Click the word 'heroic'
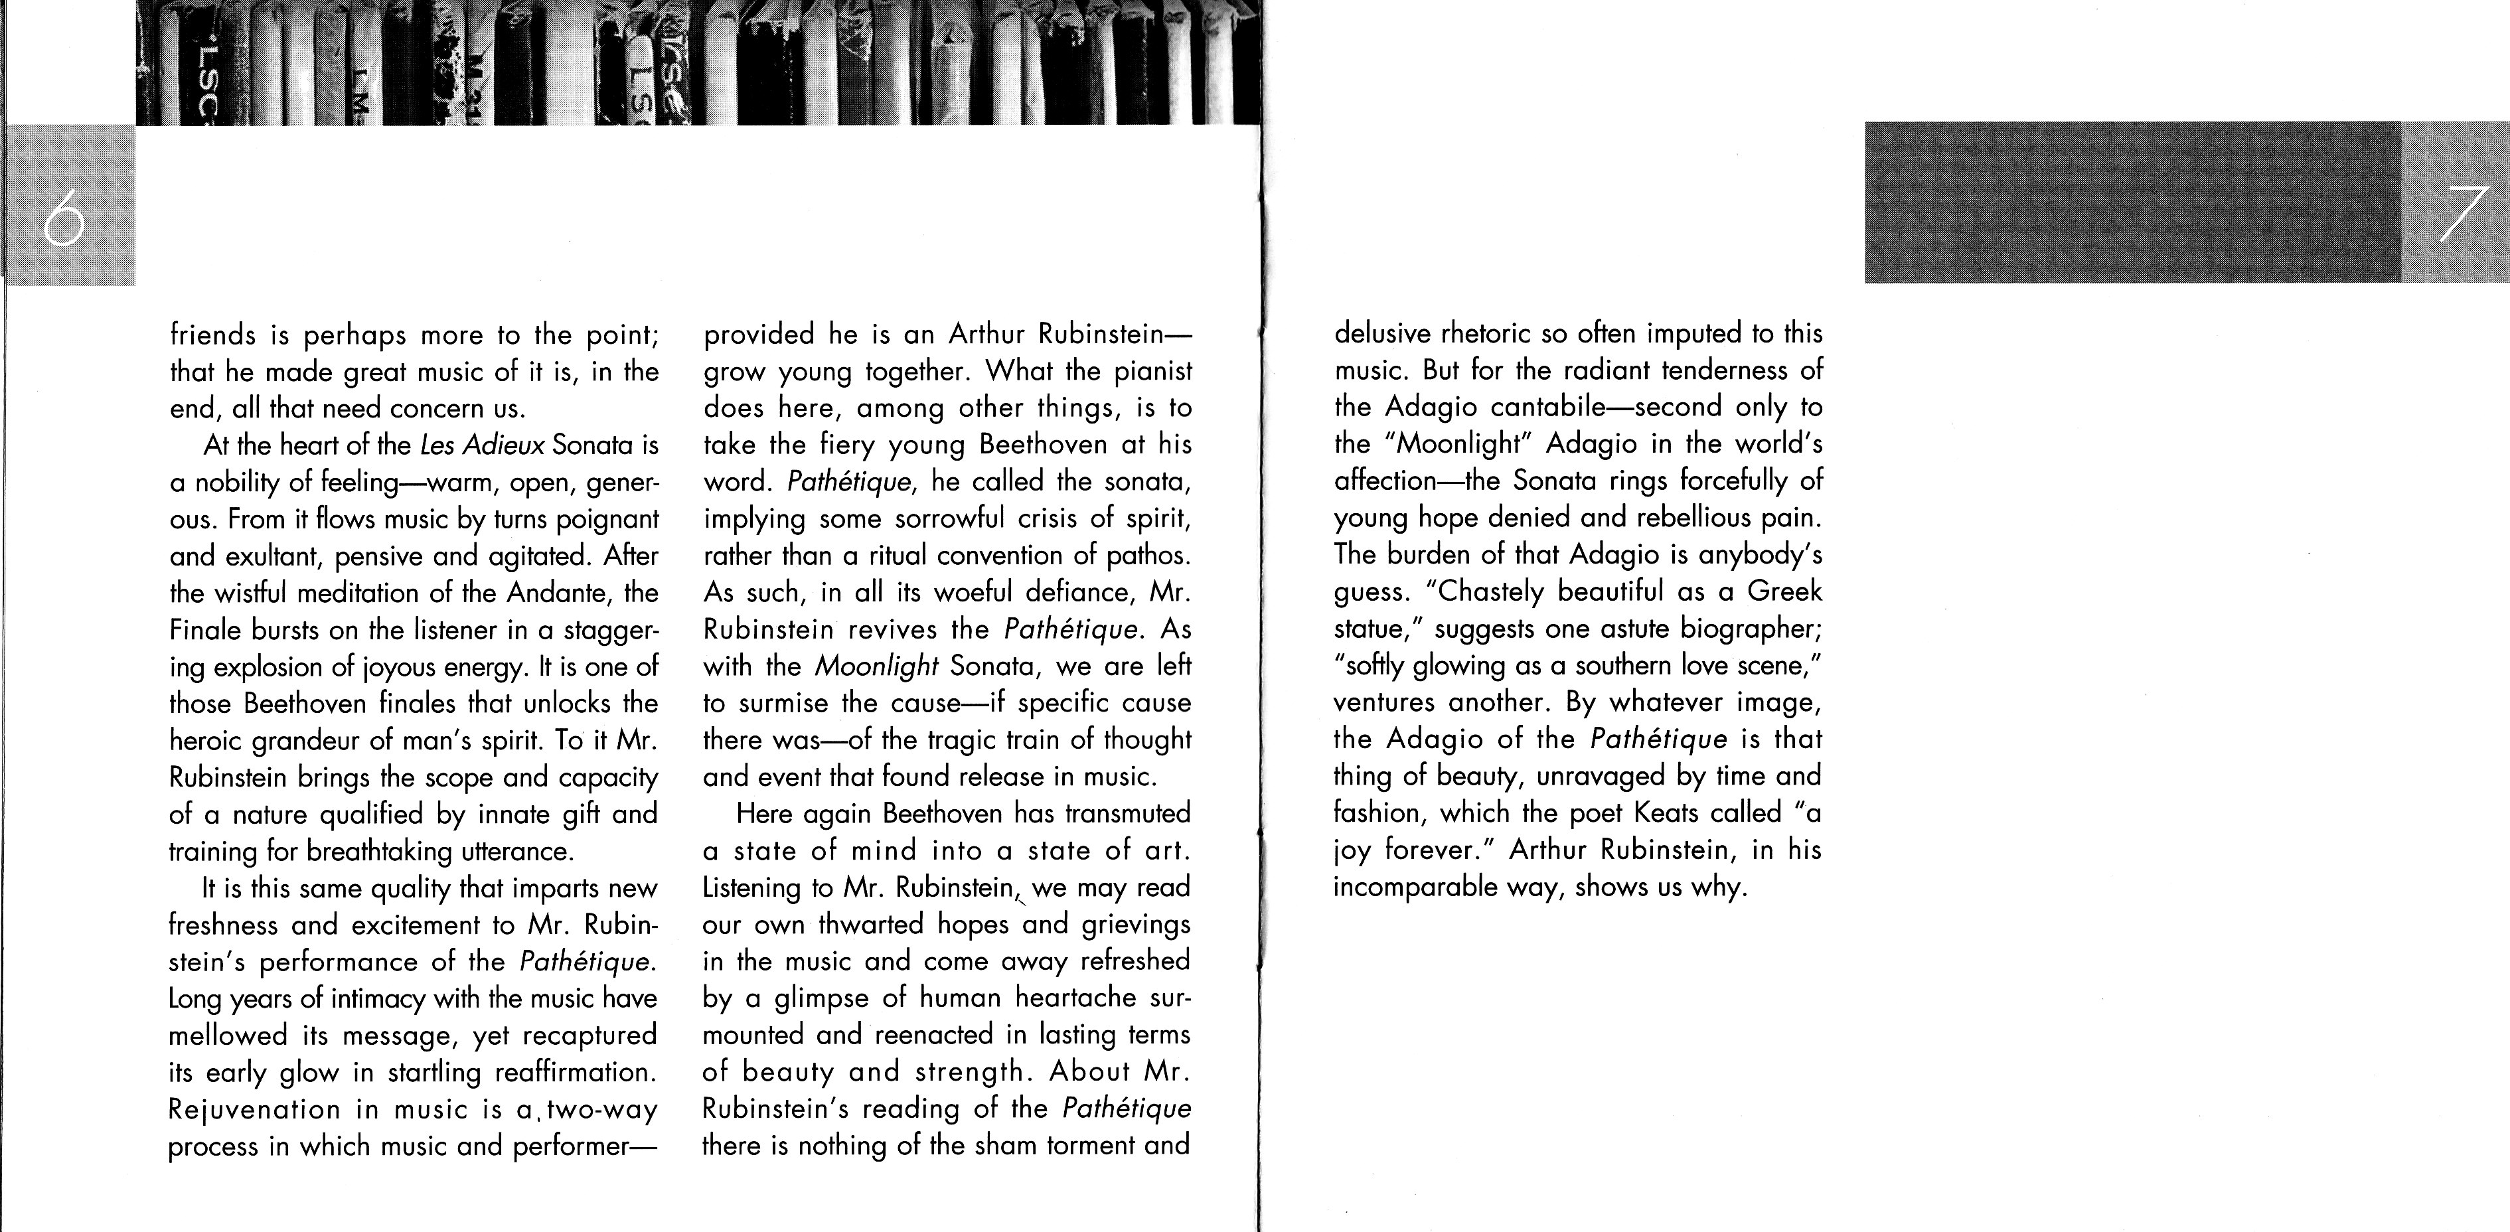[x=206, y=741]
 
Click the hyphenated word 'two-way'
[x=603, y=1110]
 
